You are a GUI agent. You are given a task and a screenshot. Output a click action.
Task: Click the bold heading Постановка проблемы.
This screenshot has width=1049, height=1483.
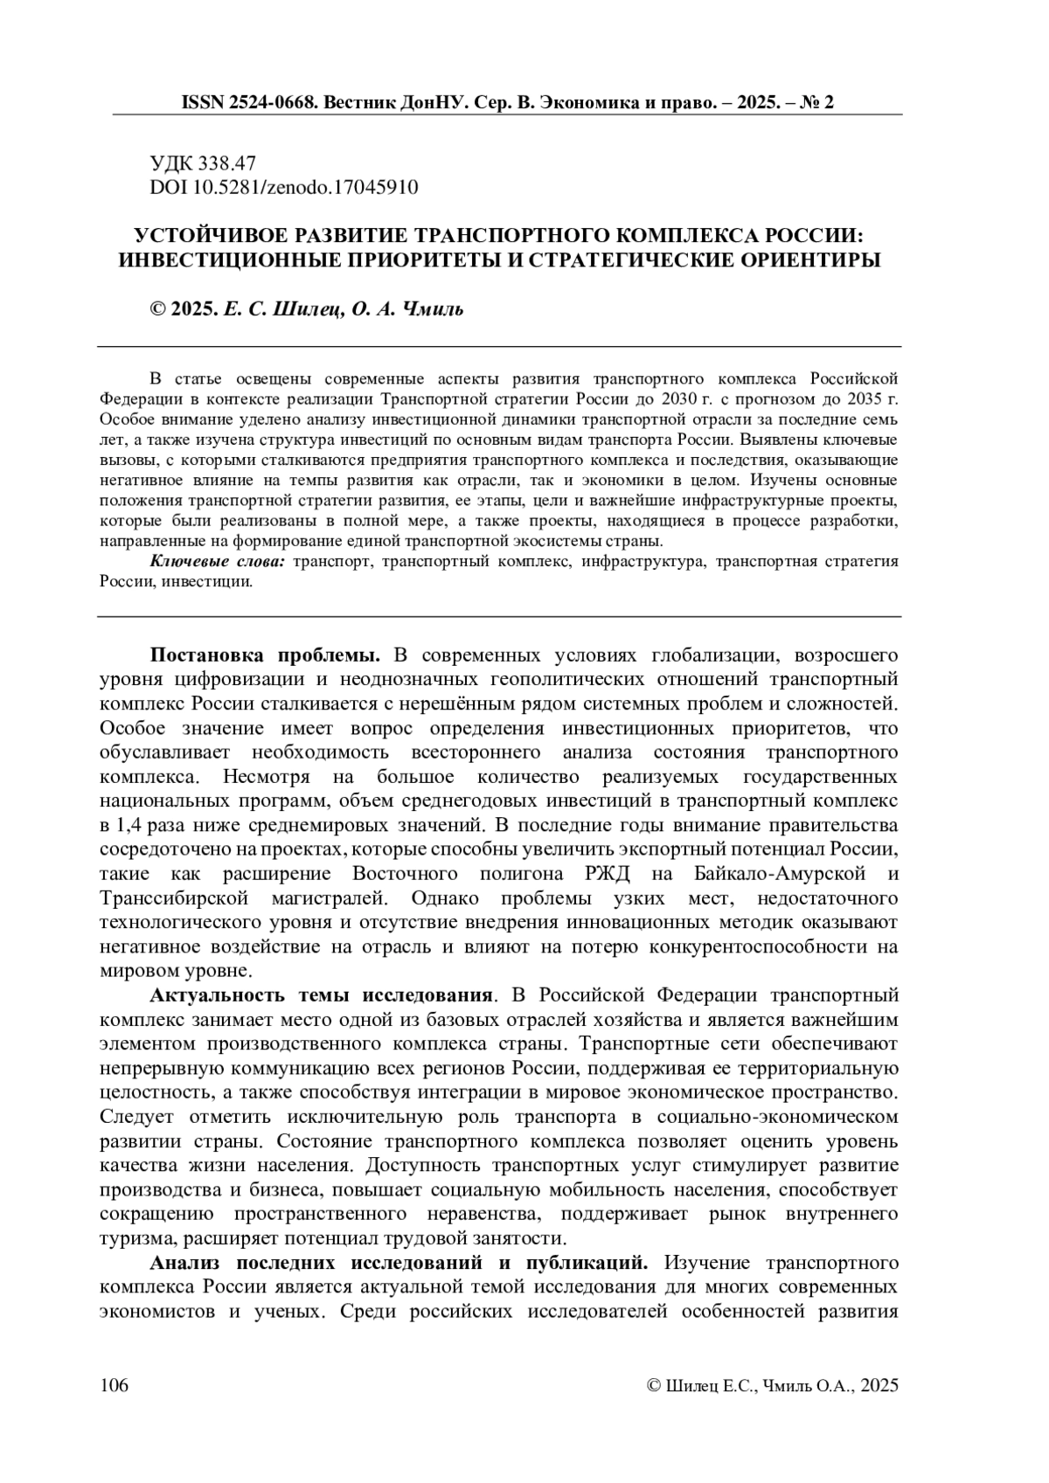(x=266, y=655)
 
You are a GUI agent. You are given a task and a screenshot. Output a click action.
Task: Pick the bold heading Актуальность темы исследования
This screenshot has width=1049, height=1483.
(x=319, y=995)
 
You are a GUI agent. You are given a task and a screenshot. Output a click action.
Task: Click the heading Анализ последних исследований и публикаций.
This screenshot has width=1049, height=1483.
(x=399, y=1263)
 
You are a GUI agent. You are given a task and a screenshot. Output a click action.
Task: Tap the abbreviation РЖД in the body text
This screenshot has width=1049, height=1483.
(x=601, y=874)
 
